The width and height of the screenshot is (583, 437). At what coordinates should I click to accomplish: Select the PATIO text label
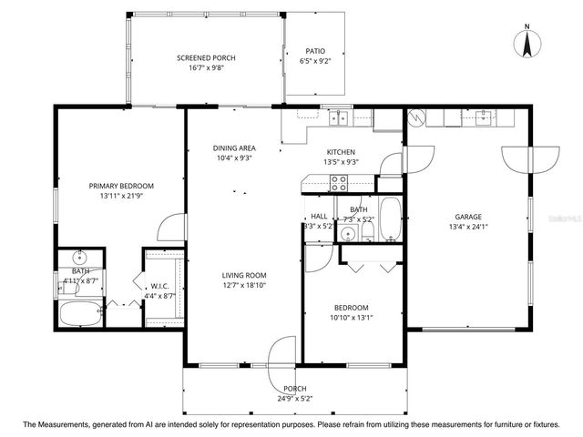tap(313, 51)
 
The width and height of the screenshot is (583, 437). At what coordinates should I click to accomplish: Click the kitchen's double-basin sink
tap(342, 117)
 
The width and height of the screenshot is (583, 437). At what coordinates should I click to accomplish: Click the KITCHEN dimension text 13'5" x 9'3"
tap(342, 162)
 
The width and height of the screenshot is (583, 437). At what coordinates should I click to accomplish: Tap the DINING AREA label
tap(234, 147)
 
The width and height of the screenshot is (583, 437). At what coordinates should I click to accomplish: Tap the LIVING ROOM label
tap(244, 275)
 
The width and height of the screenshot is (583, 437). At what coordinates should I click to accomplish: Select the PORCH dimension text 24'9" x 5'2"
tap(295, 398)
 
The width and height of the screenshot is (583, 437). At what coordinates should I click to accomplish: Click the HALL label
tap(319, 216)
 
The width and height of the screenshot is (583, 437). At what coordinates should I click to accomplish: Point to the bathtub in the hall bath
tap(389, 218)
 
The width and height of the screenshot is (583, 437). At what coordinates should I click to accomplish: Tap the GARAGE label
tap(468, 217)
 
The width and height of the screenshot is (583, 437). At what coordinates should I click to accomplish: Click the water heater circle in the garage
tap(417, 118)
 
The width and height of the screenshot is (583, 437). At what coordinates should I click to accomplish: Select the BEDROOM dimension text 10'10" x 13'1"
tap(351, 317)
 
